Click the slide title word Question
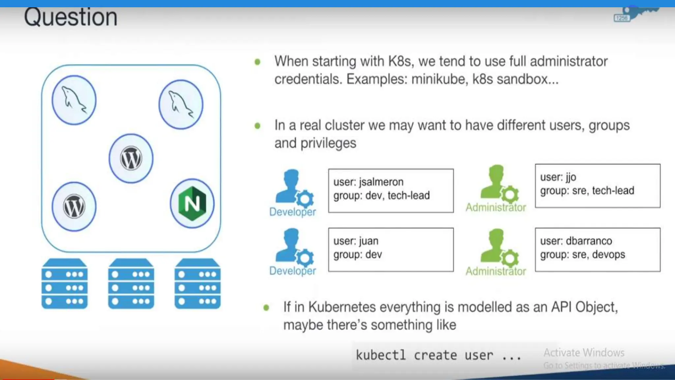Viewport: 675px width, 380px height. tap(71, 17)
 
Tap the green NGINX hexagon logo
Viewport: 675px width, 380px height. tap(192, 204)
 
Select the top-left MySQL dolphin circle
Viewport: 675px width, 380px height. tap(74, 100)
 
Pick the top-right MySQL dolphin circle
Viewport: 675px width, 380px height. tap(181, 105)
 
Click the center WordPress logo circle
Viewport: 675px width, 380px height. tap(131, 158)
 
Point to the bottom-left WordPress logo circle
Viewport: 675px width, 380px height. tap(74, 207)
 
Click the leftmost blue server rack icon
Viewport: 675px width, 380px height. tap(65, 284)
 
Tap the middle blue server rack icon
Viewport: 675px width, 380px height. tap(131, 284)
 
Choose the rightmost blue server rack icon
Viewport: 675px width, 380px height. tap(197, 284)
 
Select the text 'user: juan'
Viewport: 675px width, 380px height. tap(356, 241)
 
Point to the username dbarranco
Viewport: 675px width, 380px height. tap(589, 241)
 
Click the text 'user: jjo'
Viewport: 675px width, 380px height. tap(558, 177)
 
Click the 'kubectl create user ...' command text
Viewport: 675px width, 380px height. tap(438, 355)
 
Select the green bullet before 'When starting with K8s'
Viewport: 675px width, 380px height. tap(257, 62)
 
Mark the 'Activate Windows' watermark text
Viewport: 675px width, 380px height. tap(584, 353)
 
